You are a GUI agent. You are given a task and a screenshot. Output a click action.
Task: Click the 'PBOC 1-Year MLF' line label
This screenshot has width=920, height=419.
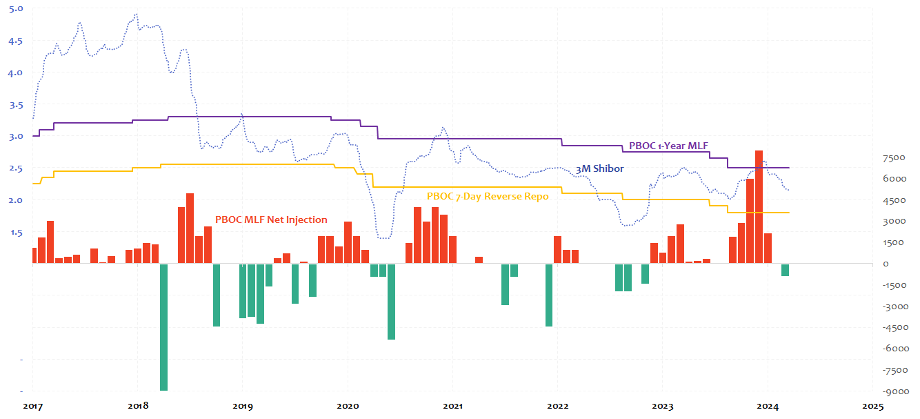[668, 146]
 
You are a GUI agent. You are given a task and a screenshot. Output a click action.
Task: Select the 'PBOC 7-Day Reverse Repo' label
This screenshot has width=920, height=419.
[488, 197]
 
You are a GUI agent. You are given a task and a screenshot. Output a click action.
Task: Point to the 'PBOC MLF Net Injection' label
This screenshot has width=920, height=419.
[271, 220]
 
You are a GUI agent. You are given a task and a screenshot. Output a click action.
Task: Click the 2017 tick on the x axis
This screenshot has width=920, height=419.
[32, 407]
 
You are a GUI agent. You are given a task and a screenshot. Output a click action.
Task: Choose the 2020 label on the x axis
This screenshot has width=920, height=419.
[347, 407]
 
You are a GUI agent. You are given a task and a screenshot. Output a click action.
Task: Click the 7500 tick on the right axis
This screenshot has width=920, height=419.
[894, 158]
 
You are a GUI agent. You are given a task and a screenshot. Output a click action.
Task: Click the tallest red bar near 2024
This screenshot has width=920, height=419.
[759, 207]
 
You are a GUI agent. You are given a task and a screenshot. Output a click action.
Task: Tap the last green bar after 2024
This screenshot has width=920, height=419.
[785, 270]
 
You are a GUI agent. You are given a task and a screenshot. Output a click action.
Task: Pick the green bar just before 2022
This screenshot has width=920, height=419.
[549, 295]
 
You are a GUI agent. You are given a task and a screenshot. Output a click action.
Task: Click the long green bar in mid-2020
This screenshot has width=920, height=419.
[391, 301]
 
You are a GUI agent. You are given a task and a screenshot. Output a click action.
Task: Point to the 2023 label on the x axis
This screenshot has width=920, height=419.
[662, 407]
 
